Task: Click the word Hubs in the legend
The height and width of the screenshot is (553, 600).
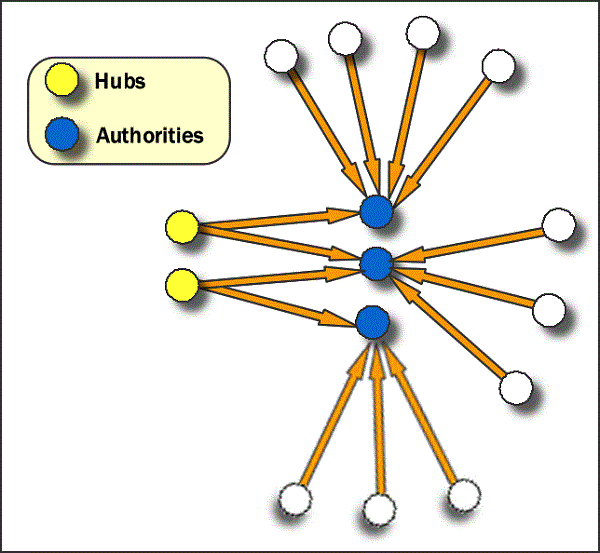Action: pyautogui.click(x=121, y=81)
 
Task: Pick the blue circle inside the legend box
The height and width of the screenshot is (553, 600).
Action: pyautogui.click(x=63, y=133)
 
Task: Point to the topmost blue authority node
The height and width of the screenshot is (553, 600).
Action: pyautogui.click(x=375, y=211)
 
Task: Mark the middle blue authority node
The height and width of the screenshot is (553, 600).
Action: pyautogui.click(x=375, y=264)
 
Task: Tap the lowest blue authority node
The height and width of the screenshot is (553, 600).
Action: pyautogui.click(x=372, y=322)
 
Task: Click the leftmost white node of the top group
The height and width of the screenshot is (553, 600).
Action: pyautogui.click(x=278, y=53)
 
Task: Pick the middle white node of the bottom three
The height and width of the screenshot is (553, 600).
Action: pyautogui.click(x=379, y=510)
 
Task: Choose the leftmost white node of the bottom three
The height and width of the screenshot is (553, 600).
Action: pyautogui.click(x=296, y=498)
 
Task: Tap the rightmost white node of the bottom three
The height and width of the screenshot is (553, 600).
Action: pyautogui.click(x=464, y=494)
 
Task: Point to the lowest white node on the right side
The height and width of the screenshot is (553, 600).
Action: pyautogui.click(x=515, y=386)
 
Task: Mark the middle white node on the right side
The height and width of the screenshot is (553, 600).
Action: pyautogui.click(x=549, y=309)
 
